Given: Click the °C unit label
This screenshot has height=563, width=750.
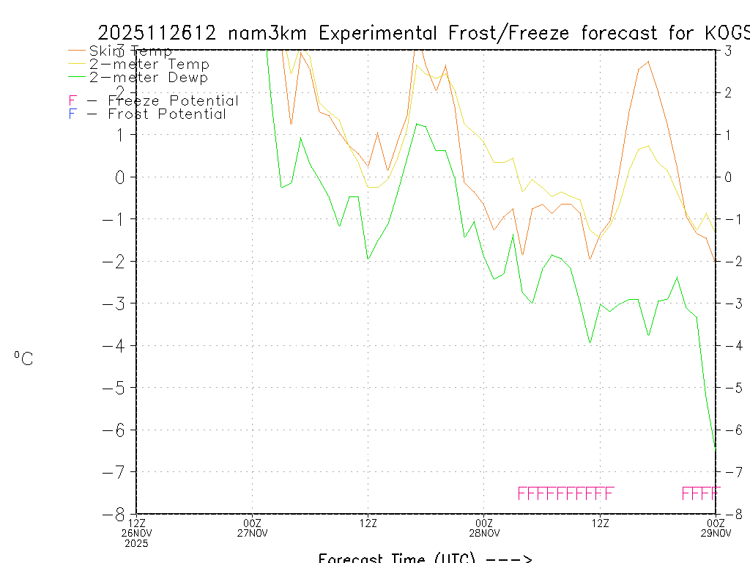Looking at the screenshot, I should [23, 358].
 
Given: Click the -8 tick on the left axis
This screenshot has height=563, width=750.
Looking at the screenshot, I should [119, 514].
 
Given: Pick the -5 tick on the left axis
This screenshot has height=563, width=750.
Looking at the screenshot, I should [119, 388].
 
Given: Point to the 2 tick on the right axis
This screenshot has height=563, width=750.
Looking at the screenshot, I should [728, 92].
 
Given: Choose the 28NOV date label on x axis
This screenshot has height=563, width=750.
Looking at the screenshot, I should [484, 533].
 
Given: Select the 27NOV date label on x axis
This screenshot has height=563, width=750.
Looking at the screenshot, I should [253, 533].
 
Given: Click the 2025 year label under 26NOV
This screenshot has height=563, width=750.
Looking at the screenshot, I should [136, 544].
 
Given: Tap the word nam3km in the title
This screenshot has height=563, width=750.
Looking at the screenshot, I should [268, 33].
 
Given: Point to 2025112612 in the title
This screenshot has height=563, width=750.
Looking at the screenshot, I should [156, 33].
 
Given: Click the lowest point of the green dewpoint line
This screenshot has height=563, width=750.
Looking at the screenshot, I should [715, 446].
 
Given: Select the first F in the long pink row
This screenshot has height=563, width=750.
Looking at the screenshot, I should [522, 493].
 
